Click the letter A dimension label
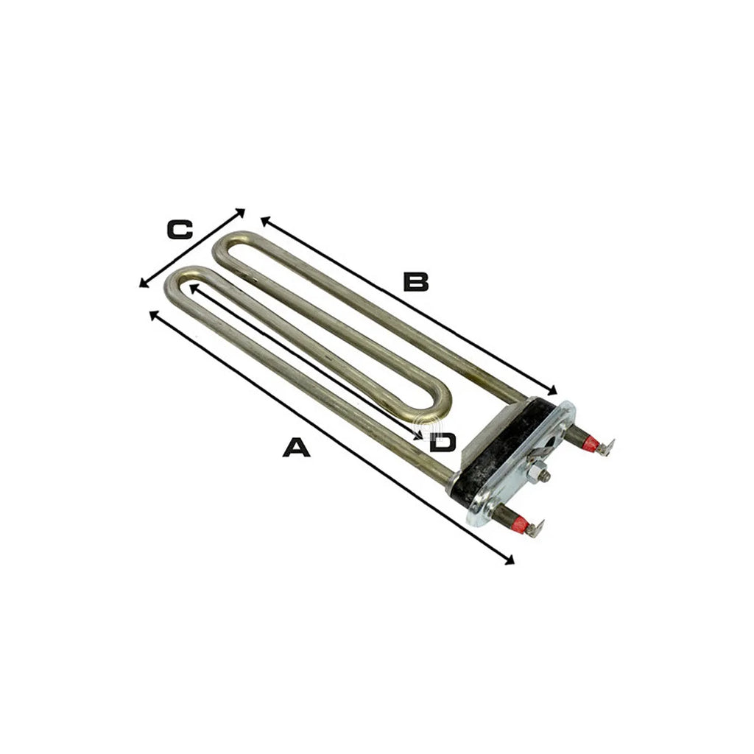tap(296, 447)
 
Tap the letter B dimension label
tap(415, 282)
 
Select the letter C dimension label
tap(180, 230)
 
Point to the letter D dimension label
tap(443, 443)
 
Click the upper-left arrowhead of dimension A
tap(154, 315)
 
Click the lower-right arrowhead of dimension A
tap(510, 560)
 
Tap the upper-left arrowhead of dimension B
tap(265, 221)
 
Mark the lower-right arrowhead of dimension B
tap(552, 390)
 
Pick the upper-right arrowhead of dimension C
tap(240, 213)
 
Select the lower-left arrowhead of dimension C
tap(144, 283)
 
